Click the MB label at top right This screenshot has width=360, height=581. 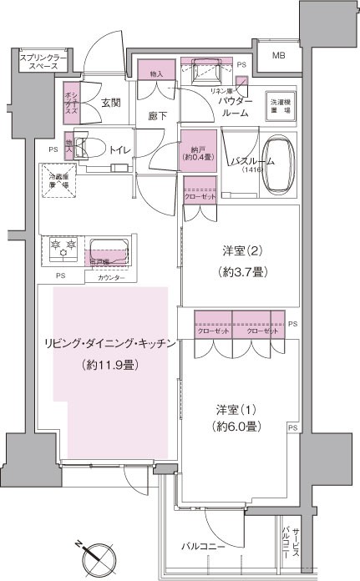(279, 57)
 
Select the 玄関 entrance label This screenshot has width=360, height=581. (111, 104)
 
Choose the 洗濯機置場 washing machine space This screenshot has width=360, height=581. (279, 105)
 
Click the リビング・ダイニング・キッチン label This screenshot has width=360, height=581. (99, 344)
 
